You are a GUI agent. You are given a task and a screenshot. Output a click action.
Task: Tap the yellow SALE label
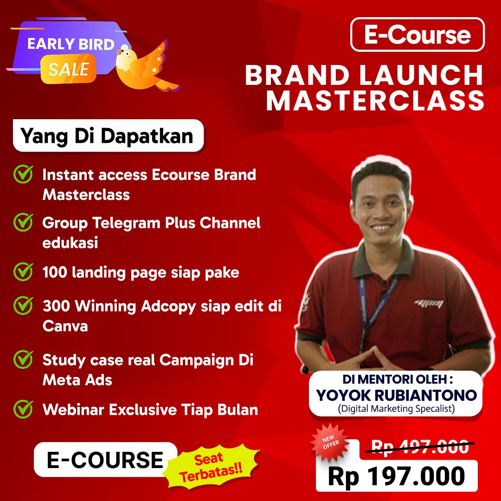(x=68, y=70)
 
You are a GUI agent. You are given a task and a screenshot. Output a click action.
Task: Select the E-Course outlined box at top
(x=417, y=35)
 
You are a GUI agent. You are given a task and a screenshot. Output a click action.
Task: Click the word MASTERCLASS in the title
(x=375, y=101)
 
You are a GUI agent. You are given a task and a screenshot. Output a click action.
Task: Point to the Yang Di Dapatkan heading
(x=108, y=136)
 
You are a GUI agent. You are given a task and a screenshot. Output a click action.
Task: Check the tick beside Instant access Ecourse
(x=23, y=175)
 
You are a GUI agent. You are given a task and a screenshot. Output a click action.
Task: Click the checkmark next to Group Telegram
(x=23, y=223)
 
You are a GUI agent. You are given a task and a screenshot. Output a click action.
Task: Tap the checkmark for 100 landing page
(x=23, y=272)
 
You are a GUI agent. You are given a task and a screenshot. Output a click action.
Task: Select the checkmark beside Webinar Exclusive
(x=23, y=410)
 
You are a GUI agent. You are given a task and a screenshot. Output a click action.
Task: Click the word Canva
(x=65, y=326)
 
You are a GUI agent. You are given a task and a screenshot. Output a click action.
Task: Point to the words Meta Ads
(x=77, y=380)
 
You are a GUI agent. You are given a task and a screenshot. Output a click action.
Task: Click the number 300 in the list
(x=57, y=306)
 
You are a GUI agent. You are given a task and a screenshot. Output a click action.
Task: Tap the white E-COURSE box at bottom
(x=105, y=460)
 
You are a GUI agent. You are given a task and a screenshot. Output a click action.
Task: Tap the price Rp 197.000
(x=396, y=476)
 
